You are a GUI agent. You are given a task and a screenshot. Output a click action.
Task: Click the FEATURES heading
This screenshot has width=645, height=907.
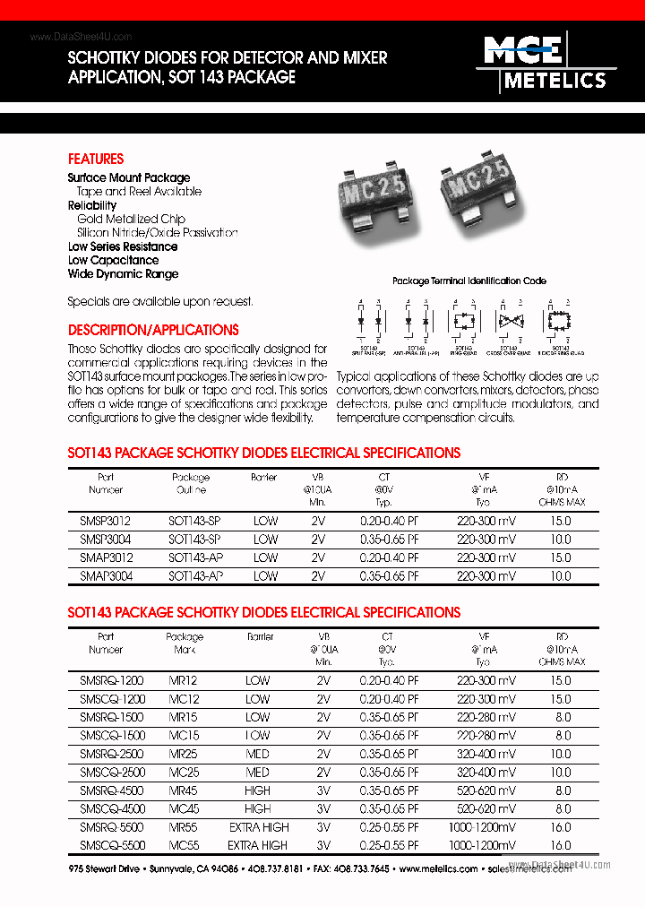(96, 159)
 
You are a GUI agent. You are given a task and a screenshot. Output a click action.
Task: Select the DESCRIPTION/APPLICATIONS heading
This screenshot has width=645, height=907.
(153, 330)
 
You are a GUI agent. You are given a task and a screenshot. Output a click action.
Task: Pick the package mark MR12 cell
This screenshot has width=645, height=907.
(184, 680)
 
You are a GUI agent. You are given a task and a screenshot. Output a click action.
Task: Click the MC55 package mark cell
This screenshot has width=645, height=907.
(184, 845)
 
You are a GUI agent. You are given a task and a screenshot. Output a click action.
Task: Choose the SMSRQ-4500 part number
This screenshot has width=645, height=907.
(105, 790)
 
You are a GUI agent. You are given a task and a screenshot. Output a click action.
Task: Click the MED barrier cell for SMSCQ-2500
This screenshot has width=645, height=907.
(257, 772)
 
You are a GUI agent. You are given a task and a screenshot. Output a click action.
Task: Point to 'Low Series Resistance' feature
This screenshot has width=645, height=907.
(123, 246)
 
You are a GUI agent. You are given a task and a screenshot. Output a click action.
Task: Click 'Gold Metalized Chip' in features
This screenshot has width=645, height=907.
(131, 219)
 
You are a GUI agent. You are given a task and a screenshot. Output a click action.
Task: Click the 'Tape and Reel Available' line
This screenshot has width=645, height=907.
(139, 191)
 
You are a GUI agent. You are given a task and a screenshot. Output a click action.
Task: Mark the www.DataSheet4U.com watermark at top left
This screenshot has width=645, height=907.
(81, 37)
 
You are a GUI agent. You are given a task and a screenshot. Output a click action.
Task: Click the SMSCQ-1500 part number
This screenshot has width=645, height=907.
(105, 735)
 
